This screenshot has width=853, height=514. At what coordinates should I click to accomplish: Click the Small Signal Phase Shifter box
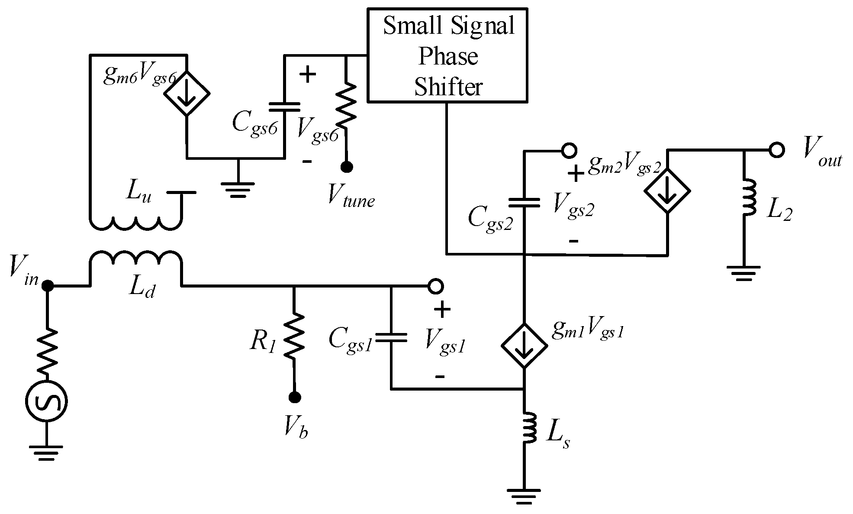(x=447, y=55)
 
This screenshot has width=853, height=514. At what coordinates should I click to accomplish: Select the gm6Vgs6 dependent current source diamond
(x=187, y=93)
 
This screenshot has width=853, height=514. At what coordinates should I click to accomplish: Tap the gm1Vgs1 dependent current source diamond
(x=524, y=346)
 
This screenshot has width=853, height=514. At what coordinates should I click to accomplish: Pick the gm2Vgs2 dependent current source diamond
(x=667, y=191)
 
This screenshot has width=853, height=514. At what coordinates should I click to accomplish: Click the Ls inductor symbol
(x=528, y=427)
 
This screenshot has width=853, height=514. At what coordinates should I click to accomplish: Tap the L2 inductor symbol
(x=748, y=197)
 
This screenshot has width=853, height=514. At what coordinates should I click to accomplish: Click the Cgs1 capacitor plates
(x=391, y=338)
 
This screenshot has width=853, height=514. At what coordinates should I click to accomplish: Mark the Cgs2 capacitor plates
(x=524, y=203)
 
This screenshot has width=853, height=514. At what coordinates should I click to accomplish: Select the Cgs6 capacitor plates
(x=284, y=107)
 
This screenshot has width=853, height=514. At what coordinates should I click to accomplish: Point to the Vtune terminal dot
(x=346, y=167)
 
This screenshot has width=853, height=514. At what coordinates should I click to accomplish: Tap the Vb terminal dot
(x=295, y=397)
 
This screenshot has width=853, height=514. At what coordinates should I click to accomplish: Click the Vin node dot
(x=47, y=286)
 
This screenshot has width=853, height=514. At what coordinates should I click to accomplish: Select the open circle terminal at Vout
(x=777, y=150)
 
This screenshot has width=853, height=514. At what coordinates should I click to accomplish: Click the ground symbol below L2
(x=744, y=273)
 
